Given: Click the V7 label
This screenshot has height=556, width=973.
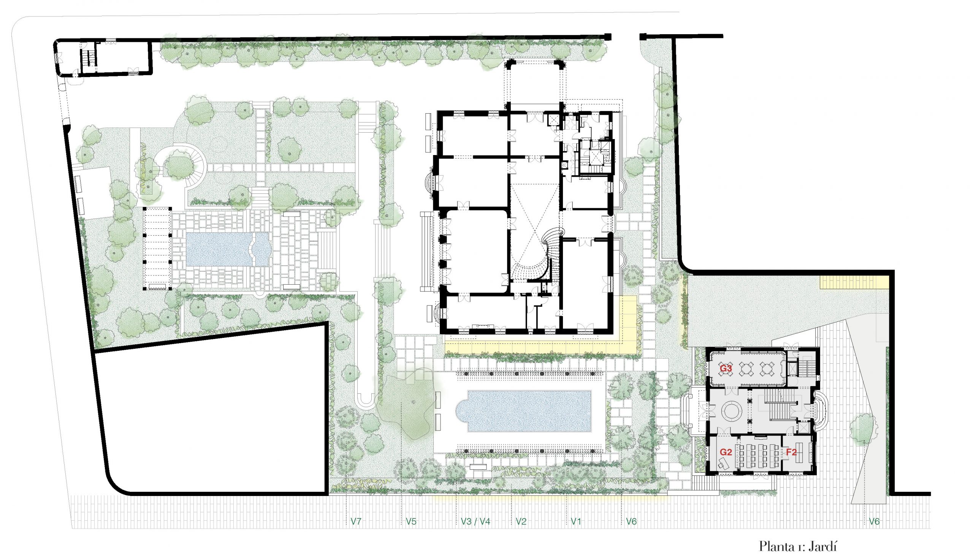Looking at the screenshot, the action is (356, 521).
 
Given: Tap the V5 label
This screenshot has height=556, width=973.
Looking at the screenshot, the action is (411, 521).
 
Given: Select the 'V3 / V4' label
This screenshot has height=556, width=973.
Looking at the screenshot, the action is (475, 521).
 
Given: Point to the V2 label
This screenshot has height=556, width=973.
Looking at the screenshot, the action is (521, 521).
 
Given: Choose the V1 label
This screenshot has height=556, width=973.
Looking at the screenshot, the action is (576, 521).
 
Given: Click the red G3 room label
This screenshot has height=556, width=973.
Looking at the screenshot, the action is (726, 369).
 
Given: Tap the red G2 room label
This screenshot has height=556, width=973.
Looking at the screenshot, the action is (726, 452).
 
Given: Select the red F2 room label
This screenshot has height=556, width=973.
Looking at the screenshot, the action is (791, 452).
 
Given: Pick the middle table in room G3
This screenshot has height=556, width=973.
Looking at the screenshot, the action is (746, 369).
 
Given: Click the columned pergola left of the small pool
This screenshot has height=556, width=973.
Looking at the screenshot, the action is (157, 249).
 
